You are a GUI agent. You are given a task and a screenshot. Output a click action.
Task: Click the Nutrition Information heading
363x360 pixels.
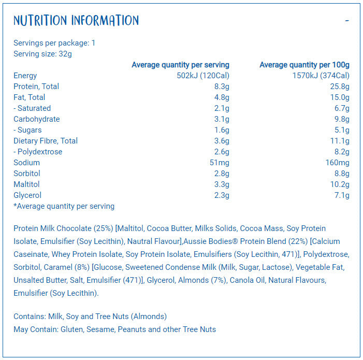coord(76,21)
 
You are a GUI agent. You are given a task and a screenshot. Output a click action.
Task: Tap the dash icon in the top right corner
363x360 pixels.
coord(347,21)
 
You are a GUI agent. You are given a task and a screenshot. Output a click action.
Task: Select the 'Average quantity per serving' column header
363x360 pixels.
coord(180,65)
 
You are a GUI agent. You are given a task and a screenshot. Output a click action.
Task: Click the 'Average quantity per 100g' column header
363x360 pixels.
coord(304,65)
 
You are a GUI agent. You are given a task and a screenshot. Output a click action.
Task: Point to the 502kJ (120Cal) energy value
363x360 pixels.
coord(203,76)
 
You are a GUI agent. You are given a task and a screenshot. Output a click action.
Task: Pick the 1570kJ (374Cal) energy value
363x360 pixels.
coord(321,76)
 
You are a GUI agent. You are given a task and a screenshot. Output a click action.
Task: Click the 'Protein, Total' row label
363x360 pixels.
coord(36,87)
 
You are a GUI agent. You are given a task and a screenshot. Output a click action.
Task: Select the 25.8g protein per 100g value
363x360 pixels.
coord(340,87)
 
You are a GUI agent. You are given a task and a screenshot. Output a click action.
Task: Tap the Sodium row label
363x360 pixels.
coord(26,163)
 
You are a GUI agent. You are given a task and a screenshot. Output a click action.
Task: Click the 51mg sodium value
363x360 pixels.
coord(219,163)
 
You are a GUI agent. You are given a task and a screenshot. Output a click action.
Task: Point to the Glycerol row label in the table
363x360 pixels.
coord(27,195)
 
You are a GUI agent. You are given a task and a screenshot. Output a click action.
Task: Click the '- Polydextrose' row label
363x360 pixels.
coord(38,152)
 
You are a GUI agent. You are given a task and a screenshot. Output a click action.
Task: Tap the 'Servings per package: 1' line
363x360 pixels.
coord(54,43)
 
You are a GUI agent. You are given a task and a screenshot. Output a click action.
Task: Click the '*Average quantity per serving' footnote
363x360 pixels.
coord(64,206)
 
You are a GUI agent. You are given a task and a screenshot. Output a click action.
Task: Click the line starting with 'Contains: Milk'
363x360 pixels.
coord(90,316)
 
